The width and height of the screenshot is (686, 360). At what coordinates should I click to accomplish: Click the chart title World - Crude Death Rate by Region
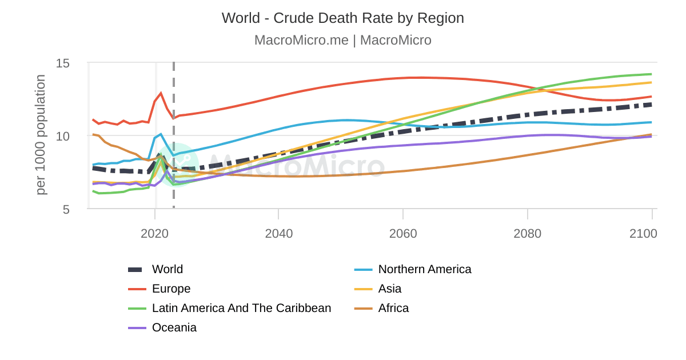(342, 18)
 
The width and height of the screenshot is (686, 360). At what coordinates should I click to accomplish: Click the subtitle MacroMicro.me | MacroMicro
(342, 41)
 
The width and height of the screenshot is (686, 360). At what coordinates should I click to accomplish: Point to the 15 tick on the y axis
(70, 63)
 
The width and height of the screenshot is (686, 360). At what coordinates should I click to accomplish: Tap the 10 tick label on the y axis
(70, 136)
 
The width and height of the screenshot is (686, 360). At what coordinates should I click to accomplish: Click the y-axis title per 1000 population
(41, 135)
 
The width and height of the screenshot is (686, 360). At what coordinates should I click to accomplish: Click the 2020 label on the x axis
(154, 234)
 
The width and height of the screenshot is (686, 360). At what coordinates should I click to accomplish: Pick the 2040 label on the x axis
(278, 234)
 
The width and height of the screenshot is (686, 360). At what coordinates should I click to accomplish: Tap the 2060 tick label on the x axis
(403, 234)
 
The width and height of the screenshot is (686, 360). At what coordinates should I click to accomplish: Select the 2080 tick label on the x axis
(527, 234)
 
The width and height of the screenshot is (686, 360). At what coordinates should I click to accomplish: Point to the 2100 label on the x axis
(643, 234)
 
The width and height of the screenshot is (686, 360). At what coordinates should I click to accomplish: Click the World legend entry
(167, 269)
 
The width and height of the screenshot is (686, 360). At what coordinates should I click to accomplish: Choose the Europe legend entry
(171, 289)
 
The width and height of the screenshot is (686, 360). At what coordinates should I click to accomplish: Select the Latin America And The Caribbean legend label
(241, 308)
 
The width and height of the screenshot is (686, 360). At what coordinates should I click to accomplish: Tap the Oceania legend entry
(174, 327)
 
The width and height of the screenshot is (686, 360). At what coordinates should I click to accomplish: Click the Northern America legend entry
(424, 269)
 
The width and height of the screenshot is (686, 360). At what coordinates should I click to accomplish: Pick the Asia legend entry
(389, 289)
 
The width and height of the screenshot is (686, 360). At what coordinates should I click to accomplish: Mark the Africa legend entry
(393, 308)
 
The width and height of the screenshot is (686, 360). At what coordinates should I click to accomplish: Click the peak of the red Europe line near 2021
(161, 93)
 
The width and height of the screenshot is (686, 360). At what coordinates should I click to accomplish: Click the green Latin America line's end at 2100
(651, 74)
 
